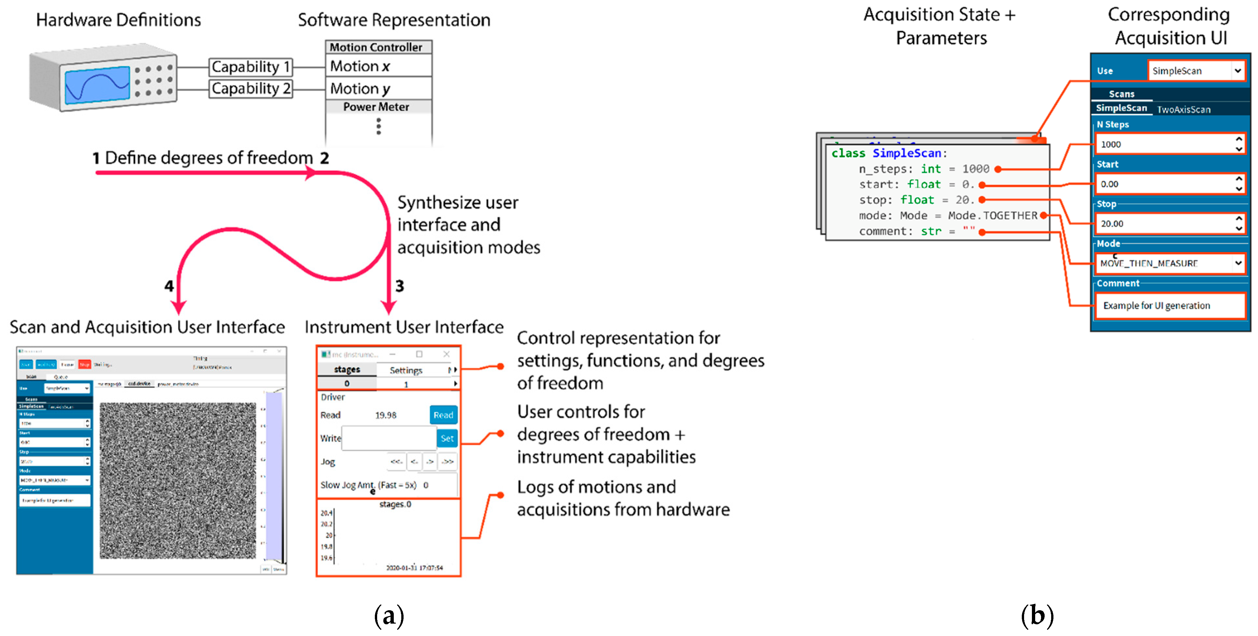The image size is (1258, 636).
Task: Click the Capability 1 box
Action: click(251, 67)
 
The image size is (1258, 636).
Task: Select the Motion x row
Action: click(378, 66)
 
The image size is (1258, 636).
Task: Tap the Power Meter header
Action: click(376, 107)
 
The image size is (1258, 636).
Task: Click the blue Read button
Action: click(443, 415)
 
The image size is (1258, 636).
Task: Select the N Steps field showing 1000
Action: click(1165, 144)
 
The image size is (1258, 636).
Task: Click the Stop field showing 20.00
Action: click(1165, 224)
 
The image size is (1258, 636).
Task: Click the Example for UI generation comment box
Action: click(1170, 305)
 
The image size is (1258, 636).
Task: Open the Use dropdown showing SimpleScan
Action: click(1195, 71)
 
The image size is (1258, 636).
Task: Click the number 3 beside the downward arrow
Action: click(399, 286)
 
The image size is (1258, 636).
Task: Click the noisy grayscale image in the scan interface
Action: click(178, 480)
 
